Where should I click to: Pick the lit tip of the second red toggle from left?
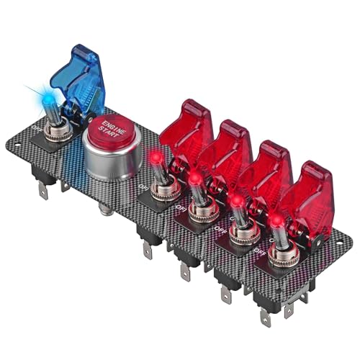pos(194,176)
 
